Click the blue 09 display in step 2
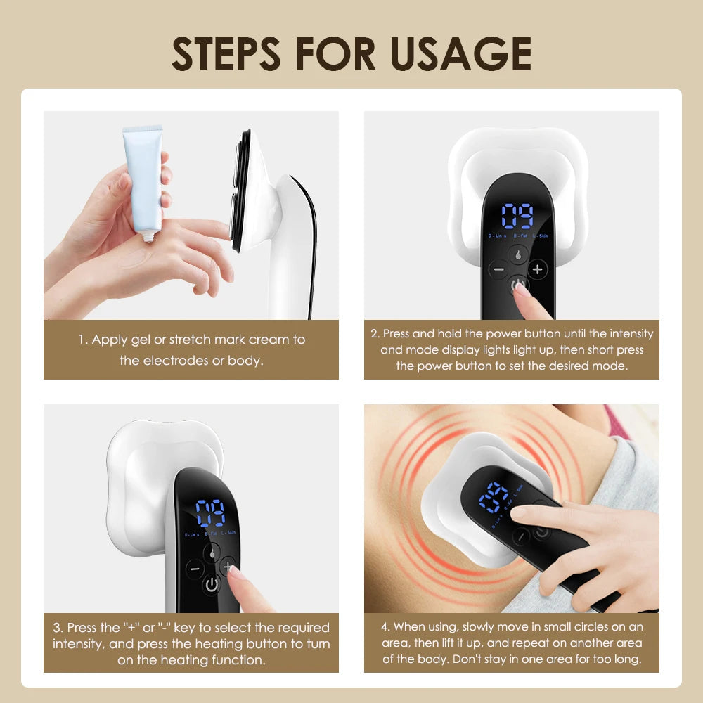[x=517, y=216]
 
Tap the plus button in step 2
[x=538, y=269]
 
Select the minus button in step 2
[x=499, y=269]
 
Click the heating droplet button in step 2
[x=518, y=254]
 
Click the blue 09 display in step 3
[x=210, y=513]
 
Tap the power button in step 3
[x=212, y=584]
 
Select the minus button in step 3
[x=194, y=567]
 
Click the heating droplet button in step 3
[x=212, y=553]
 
